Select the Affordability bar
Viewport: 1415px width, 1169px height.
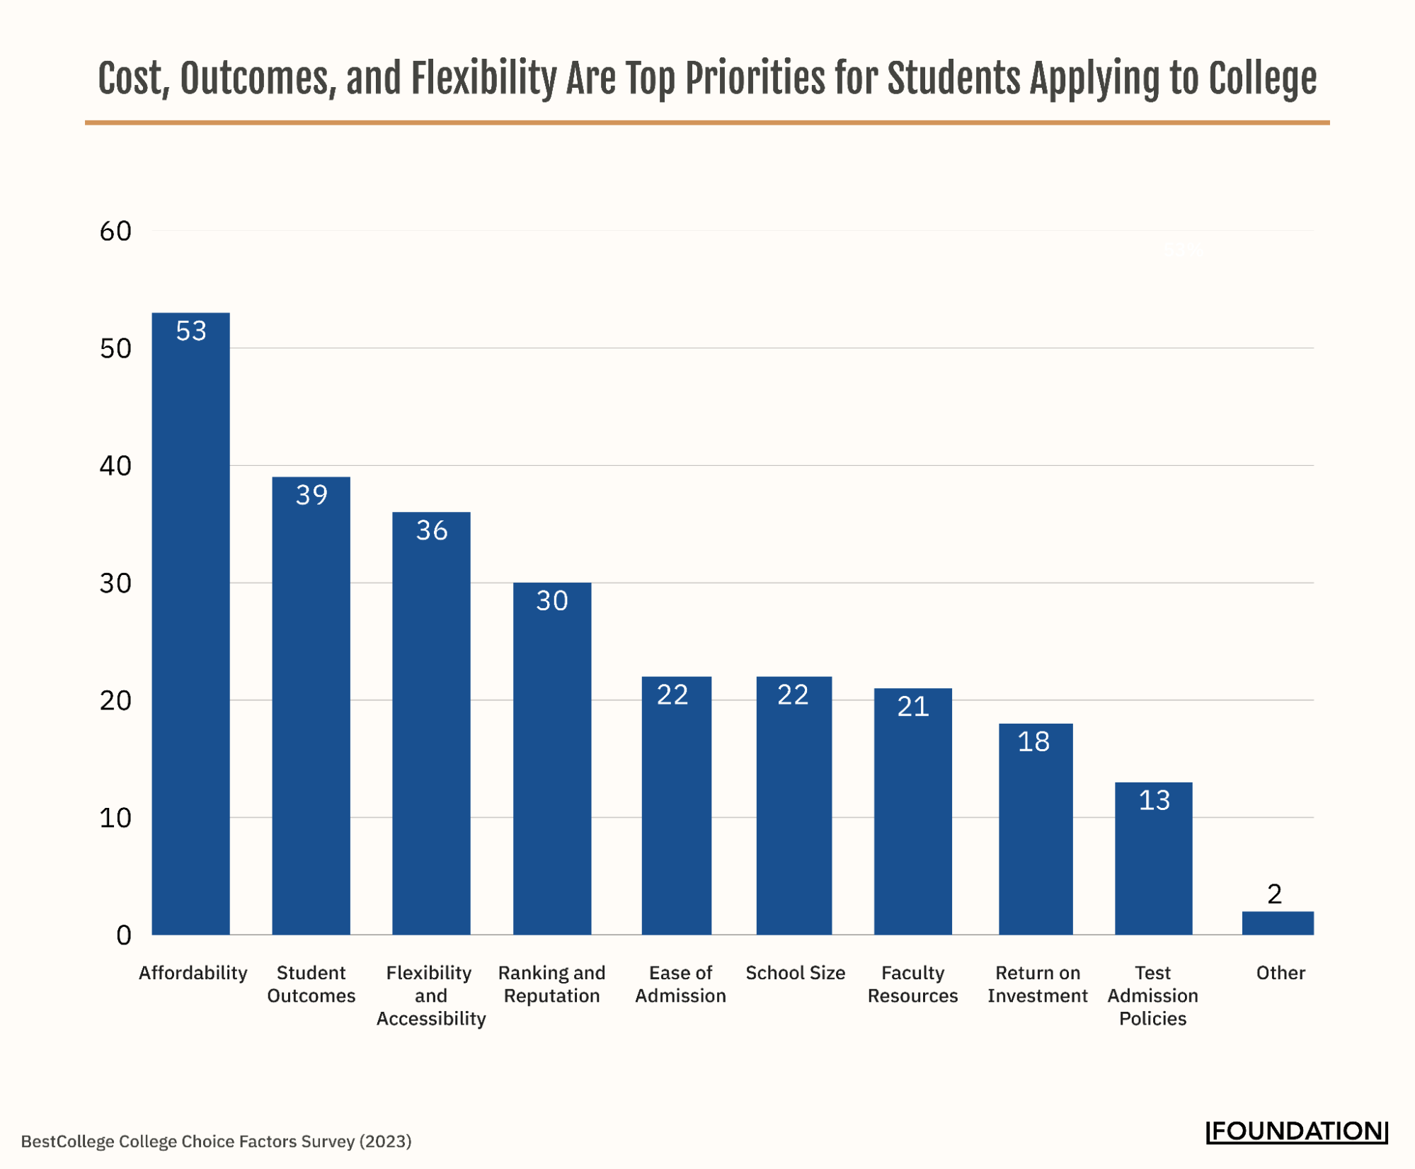click(x=190, y=623)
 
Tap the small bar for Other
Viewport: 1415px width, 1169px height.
click(x=1277, y=923)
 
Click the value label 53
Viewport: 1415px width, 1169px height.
click(x=191, y=331)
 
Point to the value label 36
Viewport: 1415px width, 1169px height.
click(x=431, y=530)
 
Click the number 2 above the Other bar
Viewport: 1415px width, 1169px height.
click(x=1274, y=894)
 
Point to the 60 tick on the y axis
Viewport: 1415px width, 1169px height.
click(x=115, y=232)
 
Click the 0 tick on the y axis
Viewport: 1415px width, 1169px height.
click(x=124, y=935)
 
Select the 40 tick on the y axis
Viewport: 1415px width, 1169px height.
click(x=115, y=466)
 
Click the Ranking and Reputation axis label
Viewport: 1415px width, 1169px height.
click(x=551, y=983)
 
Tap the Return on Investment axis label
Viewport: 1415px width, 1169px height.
click(x=1037, y=983)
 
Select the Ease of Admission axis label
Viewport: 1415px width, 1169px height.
click(x=680, y=983)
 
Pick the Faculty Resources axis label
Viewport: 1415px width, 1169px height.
click(x=912, y=983)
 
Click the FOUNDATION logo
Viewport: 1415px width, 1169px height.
click(x=1297, y=1131)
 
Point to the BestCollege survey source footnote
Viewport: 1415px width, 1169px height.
click(x=216, y=1141)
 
